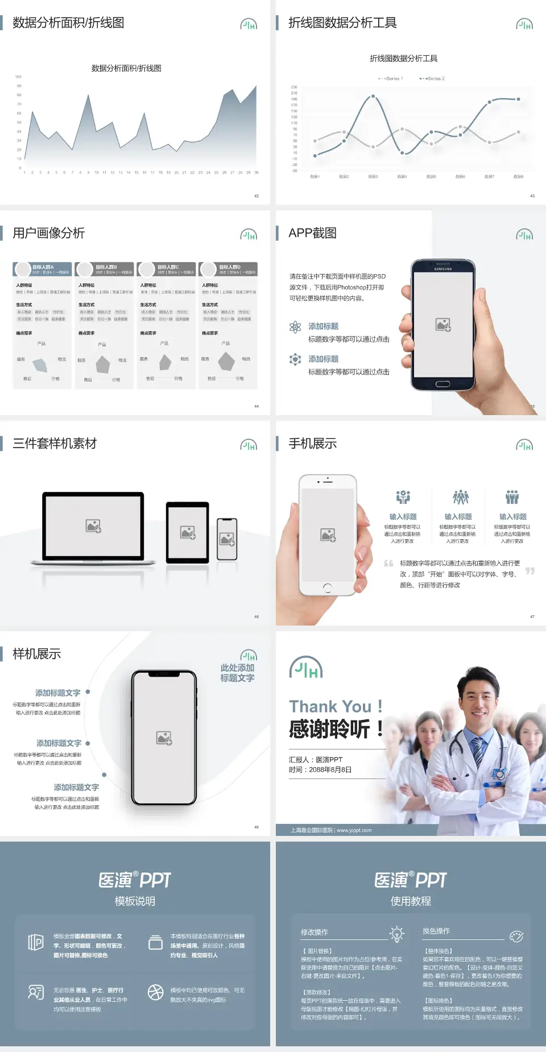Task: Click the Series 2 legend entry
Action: (x=433, y=78)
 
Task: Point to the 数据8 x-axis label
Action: (x=518, y=177)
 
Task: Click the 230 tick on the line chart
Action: (x=294, y=87)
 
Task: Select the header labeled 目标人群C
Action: (x=168, y=267)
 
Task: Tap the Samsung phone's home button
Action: (x=442, y=384)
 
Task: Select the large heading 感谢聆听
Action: (x=329, y=729)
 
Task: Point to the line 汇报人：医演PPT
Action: (x=316, y=760)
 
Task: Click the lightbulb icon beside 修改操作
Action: (x=396, y=934)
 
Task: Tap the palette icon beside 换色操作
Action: (x=516, y=936)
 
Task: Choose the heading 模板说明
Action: (x=135, y=901)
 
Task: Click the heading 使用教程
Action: (x=411, y=901)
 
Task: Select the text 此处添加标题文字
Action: (x=237, y=673)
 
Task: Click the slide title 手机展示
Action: (x=312, y=444)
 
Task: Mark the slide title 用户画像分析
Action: (x=49, y=233)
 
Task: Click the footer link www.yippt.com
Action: (x=354, y=830)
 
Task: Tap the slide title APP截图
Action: (x=312, y=233)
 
